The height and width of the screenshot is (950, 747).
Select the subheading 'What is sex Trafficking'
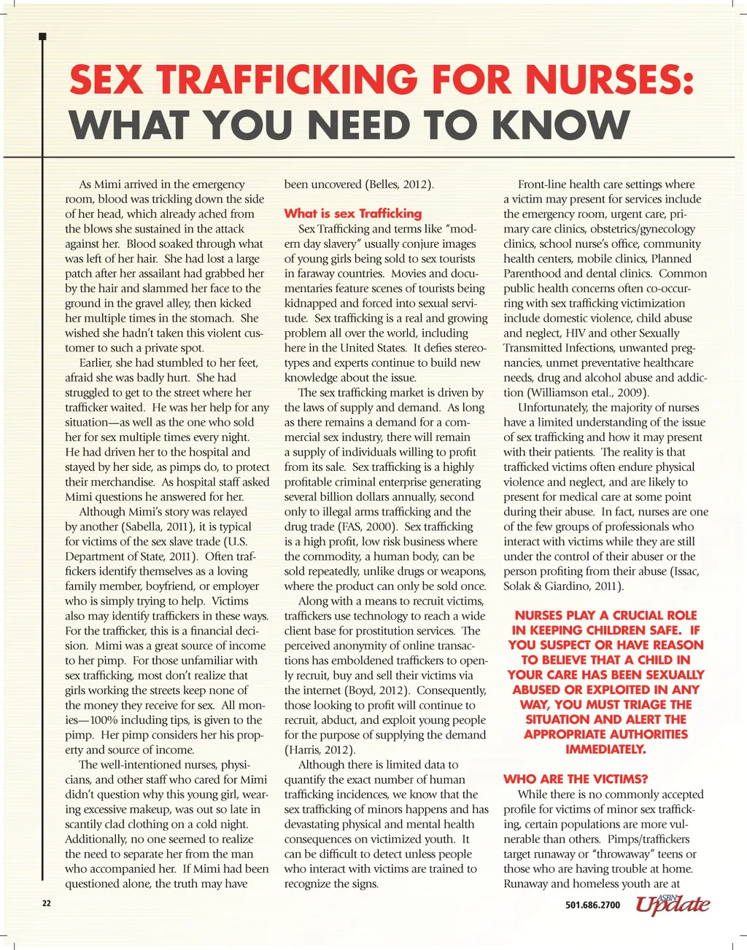click(352, 214)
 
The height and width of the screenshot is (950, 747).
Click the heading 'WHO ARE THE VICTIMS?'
click(576, 779)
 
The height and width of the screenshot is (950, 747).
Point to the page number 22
click(47, 904)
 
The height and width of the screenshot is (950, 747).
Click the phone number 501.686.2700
click(592, 906)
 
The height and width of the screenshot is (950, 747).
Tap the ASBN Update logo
click(672, 904)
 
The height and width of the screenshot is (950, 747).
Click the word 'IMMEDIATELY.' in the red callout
click(605, 749)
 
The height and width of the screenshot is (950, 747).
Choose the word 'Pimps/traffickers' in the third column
click(648, 839)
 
